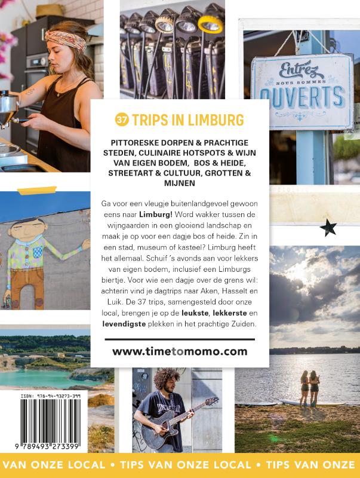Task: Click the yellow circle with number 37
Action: pyautogui.click(x=122, y=119)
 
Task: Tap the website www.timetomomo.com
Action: pyautogui.click(x=180, y=351)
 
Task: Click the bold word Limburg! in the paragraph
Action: pyautogui.click(x=156, y=215)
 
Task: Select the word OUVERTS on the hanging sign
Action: pyautogui.click(x=303, y=97)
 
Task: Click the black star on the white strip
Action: pyautogui.click(x=328, y=228)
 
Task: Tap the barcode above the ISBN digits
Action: pyautogui.click(x=51, y=421)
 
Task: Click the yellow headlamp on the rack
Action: pyautogui.click(x=211, y=24)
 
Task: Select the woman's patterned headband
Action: pyautogui.click(x=66, y=39)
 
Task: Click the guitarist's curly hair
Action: pyautogui.click(x=167, y=379)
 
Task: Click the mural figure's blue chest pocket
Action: pyautogui.click(x=38, y=252)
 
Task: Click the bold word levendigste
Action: pyautogui.click(x=124, y=324)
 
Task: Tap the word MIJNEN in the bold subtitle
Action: pyautogui.click(x=180, y=183)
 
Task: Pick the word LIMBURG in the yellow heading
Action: pyautogui.click(x=216, y=120)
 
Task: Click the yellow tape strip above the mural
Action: pyautogui.click(x=37, y=190)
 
